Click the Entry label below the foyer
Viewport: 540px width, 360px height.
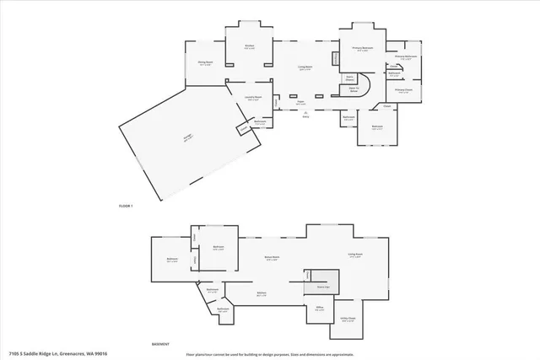click(x=306, y=115)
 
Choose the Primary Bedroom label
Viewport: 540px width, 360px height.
click(x=362, y=49)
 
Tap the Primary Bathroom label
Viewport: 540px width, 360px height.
click(x=407, y=57)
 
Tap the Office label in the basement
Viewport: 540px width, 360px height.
click(x=321, y=309)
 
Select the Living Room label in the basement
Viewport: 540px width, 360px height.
click(x=355, y=254)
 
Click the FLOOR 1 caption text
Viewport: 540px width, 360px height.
click(x=126, y=207)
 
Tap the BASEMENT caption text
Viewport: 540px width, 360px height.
click(x=160, y=345)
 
